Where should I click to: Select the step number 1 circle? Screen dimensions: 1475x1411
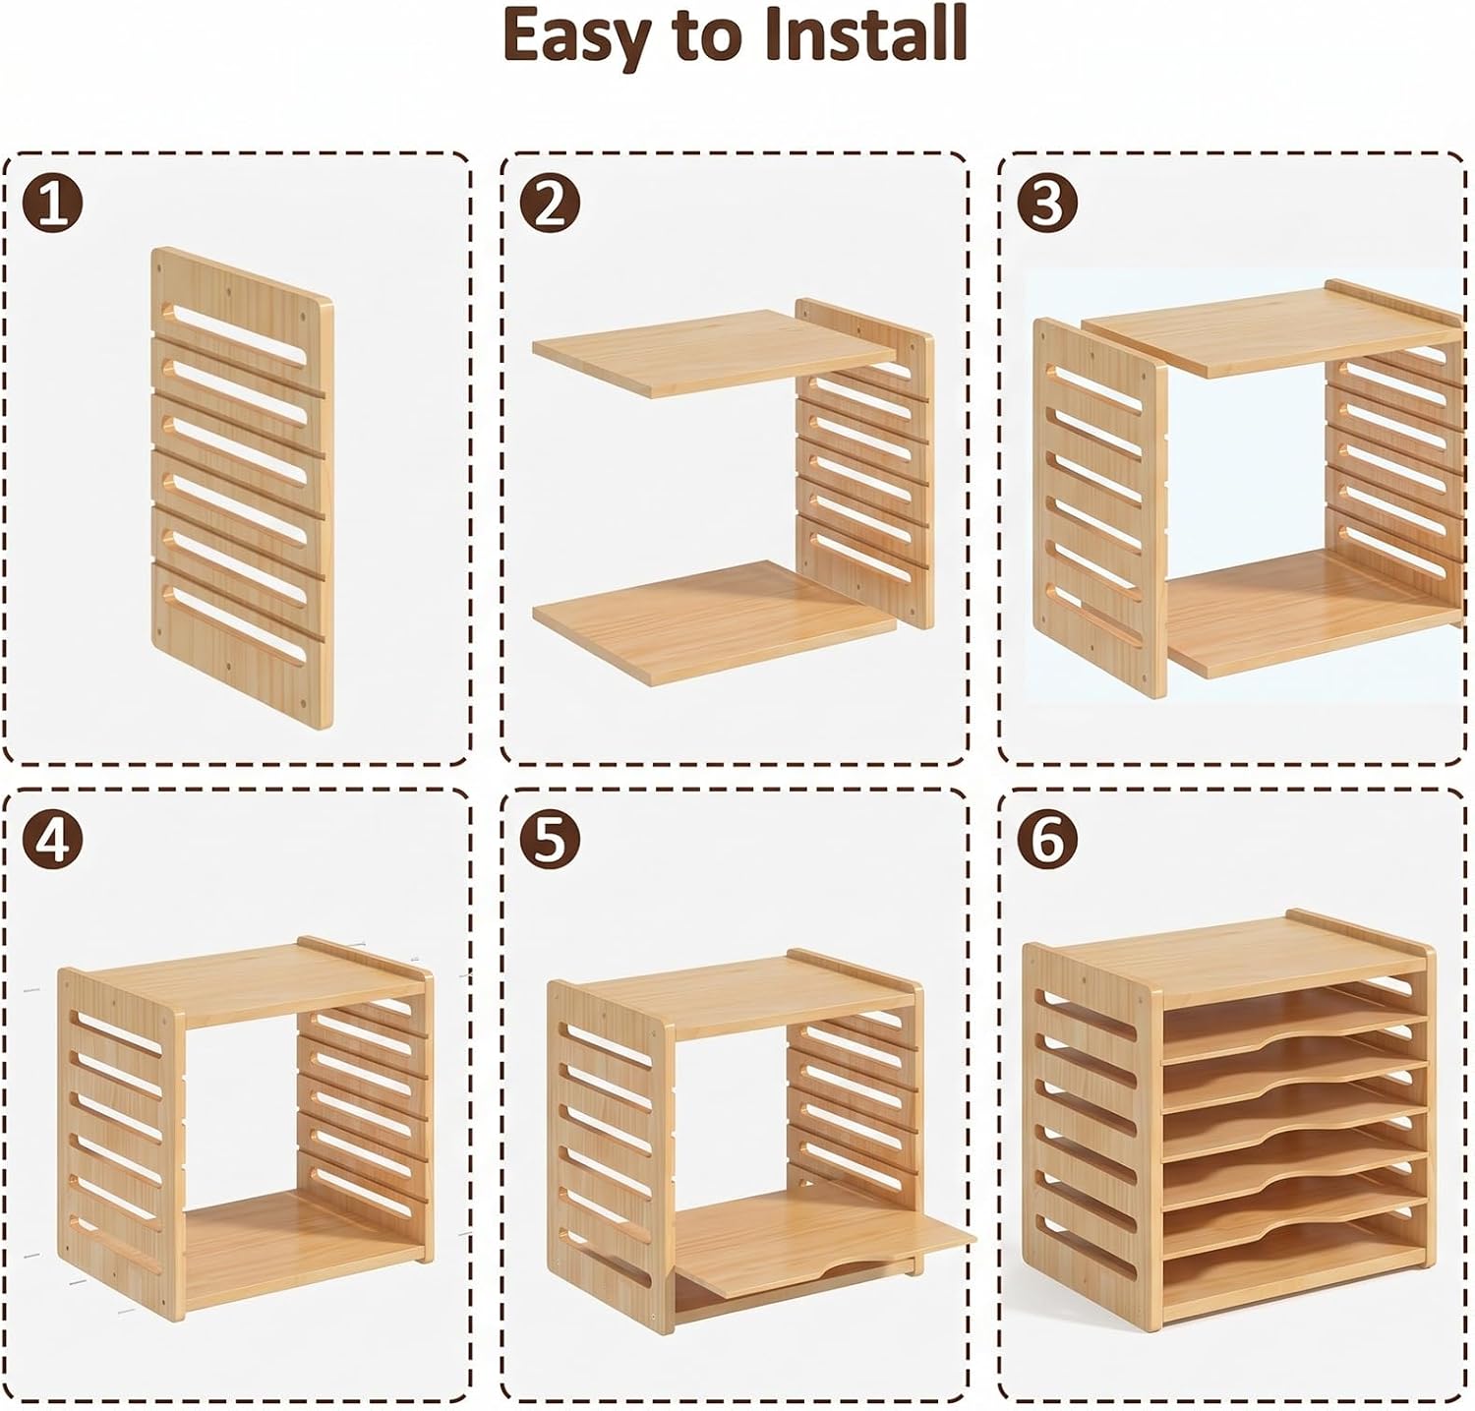(x=53, y=204)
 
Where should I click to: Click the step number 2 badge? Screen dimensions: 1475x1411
(x=551, y=204)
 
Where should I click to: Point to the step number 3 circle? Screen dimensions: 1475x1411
(x=1048, y=204)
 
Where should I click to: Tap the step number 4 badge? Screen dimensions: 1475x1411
(x=53, y=839)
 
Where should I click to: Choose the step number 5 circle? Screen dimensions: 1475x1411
(x=551, y=839)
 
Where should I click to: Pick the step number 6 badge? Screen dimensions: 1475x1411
(x=1048, y=839)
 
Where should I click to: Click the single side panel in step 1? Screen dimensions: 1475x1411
(x=242, y=488)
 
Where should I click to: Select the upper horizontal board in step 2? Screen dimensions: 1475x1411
(x=714, y=351)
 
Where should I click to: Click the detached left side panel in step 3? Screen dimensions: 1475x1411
(x=1101, y=506)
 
